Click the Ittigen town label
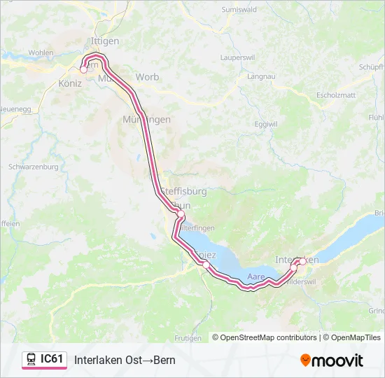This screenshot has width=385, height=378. [106, 41]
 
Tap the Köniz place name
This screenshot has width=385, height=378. [70, 83]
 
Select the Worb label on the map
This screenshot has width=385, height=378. [147, 77]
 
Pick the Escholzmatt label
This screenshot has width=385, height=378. [337, 94]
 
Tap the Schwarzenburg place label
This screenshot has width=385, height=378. [33, 167]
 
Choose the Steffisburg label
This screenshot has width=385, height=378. [183, 190]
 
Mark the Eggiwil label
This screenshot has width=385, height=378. [267, 124]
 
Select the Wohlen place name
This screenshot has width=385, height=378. [41, 52]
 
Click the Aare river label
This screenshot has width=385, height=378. [256, 277]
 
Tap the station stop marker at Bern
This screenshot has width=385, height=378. [83, 69]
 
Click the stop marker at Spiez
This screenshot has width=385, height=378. [205, 264]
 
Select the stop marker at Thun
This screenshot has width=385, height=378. [180, 213]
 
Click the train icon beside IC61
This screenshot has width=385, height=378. [31, 359]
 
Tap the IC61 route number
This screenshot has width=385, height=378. [52, 359]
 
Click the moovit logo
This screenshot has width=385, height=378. [332, 360]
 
